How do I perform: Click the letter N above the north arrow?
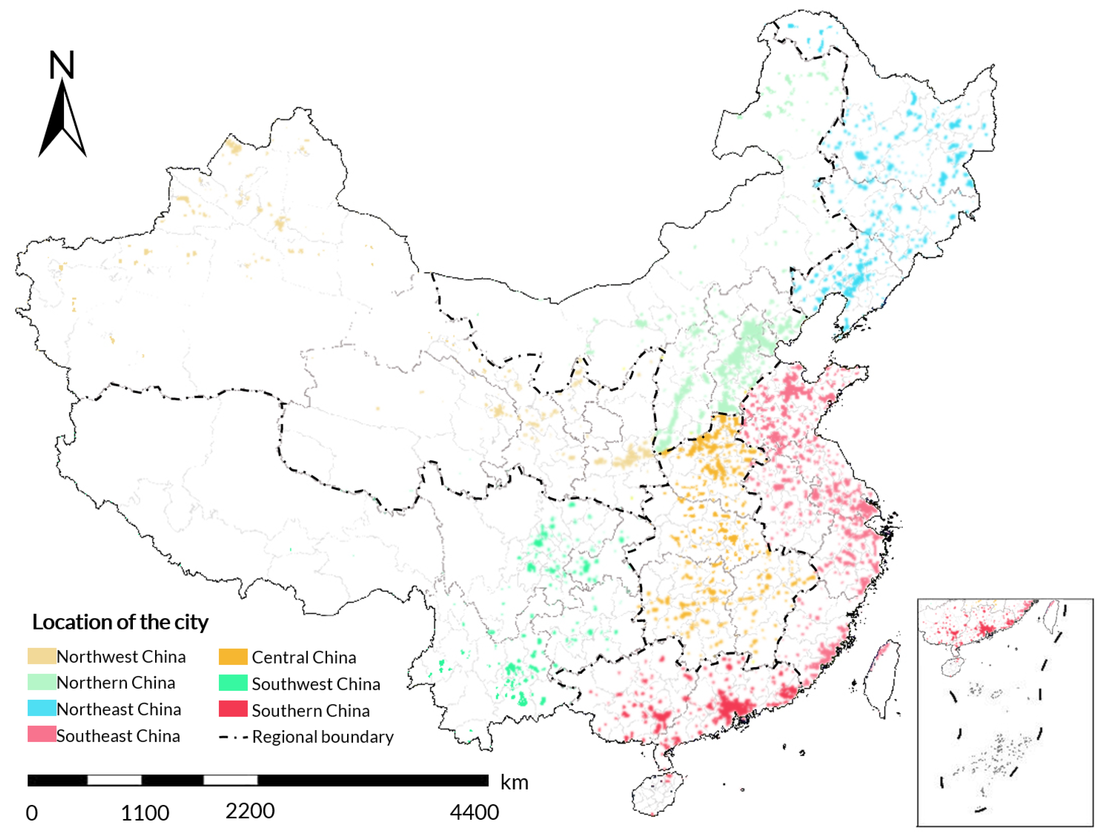click(62, 65)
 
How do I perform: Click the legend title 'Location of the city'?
click(120, 622)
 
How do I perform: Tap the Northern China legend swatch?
click(41, 682)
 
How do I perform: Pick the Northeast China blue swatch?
click(41, 708)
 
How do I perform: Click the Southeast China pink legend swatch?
click(41, 734)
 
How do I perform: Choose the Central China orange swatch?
click(233, 657)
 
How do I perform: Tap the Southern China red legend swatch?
click(233, 709)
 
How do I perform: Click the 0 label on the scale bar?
click(31, 813)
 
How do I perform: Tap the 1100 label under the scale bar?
click(145, 813)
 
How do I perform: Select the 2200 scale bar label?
click(250, 811)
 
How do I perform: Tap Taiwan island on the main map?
click(882, 674)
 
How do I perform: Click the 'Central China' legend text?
click(304, 658)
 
